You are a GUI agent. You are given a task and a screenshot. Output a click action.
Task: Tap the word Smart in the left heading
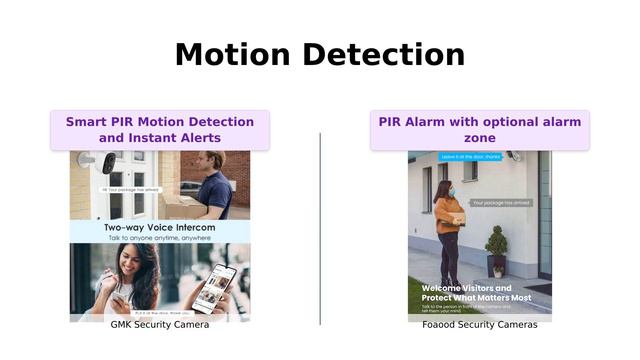coord(87,122)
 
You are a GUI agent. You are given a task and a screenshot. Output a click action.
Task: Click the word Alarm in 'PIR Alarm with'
coord(427,122)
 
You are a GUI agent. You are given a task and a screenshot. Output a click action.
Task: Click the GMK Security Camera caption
coord(159,325)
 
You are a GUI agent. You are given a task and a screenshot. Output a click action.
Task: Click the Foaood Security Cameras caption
coord(479,325)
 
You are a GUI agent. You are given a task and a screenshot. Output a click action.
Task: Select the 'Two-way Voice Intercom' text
coord(160,228)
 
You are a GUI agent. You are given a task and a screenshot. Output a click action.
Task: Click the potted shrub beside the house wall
coord(496,250)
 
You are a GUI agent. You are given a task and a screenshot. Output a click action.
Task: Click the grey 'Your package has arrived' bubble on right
coord(500,202)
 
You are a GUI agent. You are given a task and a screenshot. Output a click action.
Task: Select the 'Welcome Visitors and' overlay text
coord(466,288)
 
